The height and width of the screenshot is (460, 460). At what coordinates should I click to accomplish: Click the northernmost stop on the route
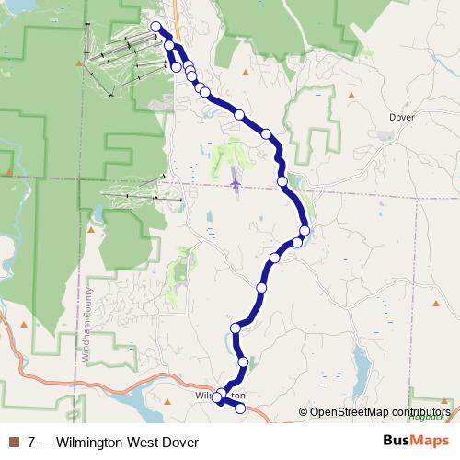155,26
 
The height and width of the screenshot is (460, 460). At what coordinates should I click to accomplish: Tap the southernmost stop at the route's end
241,408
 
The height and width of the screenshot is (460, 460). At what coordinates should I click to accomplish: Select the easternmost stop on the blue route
305,230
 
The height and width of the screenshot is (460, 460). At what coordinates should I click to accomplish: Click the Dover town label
401,118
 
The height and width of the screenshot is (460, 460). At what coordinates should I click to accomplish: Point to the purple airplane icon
236,182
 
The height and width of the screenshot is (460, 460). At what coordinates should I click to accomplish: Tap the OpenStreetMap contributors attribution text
380,412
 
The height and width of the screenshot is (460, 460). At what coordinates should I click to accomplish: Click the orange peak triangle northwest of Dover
352,94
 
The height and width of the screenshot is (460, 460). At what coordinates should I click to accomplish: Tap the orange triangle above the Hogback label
446,401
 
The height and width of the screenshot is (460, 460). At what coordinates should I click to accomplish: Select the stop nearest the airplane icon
282,182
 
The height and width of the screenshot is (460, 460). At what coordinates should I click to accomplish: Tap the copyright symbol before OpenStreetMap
303,412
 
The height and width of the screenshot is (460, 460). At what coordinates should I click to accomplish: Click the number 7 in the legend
33,443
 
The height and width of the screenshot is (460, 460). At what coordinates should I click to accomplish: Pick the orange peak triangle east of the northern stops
246,70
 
